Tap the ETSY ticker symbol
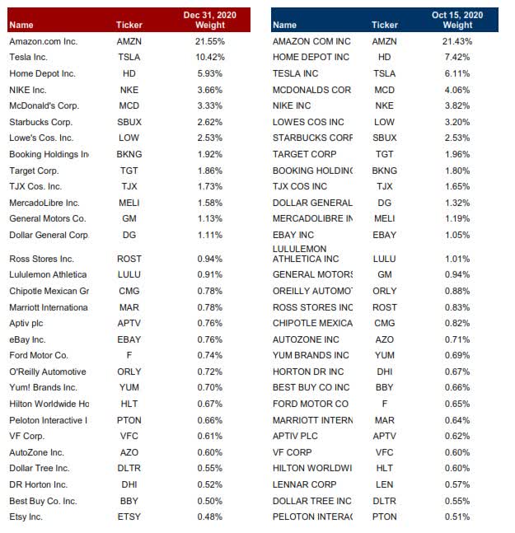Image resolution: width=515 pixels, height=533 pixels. point(129,517)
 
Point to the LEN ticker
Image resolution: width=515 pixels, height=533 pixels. point(385,484)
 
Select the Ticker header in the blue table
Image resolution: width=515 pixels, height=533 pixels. point(385,26)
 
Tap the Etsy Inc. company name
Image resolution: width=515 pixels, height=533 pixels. point(26,517)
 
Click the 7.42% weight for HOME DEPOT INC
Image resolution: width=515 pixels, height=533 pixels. point(457,57)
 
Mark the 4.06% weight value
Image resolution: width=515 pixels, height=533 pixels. point(457,90)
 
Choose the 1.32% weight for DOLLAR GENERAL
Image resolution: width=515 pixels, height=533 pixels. point(457,203)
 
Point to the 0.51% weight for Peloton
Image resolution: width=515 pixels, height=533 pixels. point(457,517)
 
